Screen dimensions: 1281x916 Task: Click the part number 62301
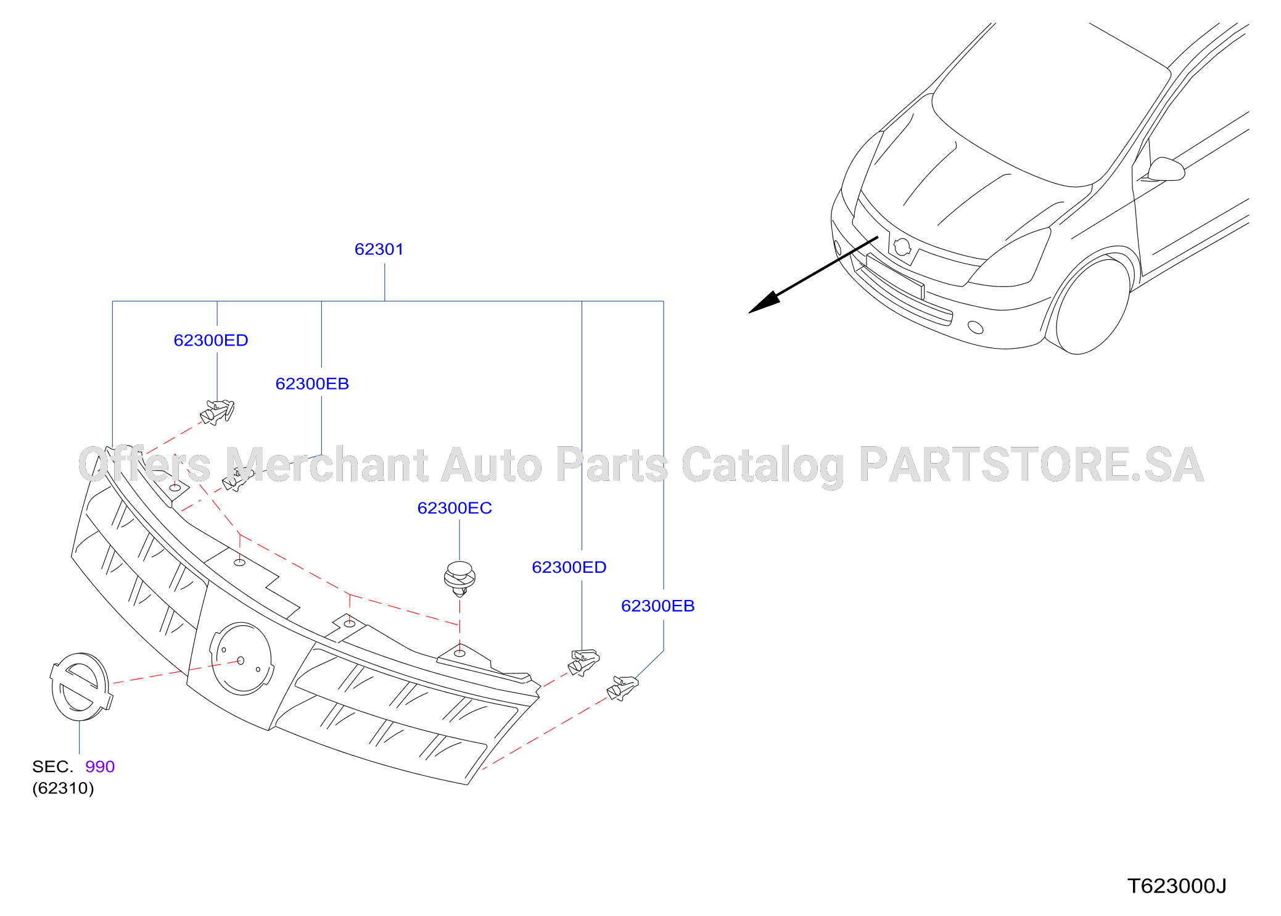tap(379, 249)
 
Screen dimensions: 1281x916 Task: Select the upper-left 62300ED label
tap(211, 341)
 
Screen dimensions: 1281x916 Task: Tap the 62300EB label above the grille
tap(312, 384)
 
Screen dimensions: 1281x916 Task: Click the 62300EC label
tap(455, 508)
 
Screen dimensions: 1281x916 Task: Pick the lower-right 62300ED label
tap(569, 567)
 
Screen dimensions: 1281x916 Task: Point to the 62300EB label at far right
tap(658, 606)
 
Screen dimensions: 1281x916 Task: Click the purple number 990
tap(100, 767)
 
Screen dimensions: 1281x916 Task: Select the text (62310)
tap(63, 788)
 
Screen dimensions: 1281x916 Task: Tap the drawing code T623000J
tap(1177, 886)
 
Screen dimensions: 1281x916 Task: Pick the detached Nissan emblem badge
tap(81, 687)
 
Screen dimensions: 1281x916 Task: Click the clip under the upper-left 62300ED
tap(218, 412)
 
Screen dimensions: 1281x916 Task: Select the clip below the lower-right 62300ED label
tap(583, 662)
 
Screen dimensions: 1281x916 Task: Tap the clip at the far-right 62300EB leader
tap(622, 688)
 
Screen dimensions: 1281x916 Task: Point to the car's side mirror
tap(1165, 169)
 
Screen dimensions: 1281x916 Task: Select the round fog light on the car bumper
tap(976, 327)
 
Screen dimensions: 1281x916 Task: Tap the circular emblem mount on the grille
tap(241, 659)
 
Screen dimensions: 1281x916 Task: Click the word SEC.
tap(52, 767)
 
